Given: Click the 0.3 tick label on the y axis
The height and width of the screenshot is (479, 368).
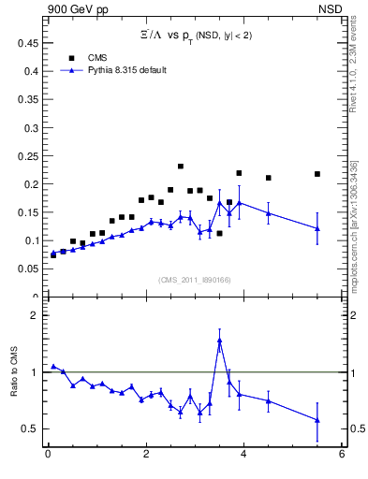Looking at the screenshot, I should [x=29, y=127].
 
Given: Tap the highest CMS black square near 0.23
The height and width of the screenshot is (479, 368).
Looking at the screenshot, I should [x=180, y=167].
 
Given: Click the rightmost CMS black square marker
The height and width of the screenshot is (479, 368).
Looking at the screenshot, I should [x=317, y=174].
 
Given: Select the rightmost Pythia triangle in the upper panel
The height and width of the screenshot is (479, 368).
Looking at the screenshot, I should [x=317, y=228].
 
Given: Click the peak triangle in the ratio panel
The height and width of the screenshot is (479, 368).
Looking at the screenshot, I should [x=219, y=341].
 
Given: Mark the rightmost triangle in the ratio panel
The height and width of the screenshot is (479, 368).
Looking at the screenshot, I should [x=317, y=420].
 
